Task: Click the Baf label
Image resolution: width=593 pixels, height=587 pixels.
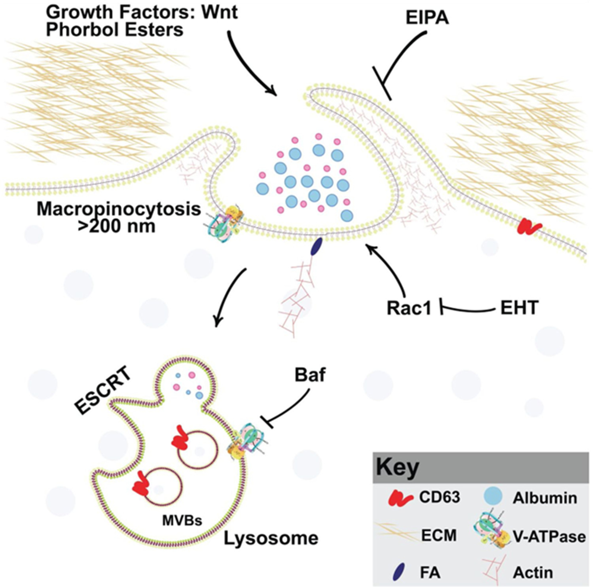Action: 310,375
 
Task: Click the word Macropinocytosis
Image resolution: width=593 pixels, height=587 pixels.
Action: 119,210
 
